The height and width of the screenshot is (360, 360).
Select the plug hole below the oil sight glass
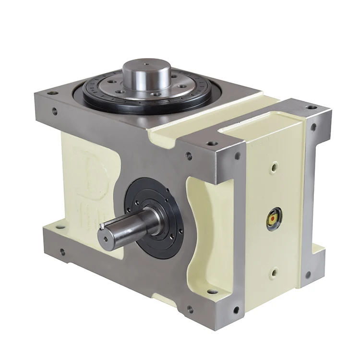pos(274,273)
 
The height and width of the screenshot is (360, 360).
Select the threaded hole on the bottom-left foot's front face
pos(62,251)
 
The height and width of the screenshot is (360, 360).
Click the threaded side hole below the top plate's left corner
pos(54,111)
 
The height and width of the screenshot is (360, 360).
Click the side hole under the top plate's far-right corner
pos(313,128)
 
